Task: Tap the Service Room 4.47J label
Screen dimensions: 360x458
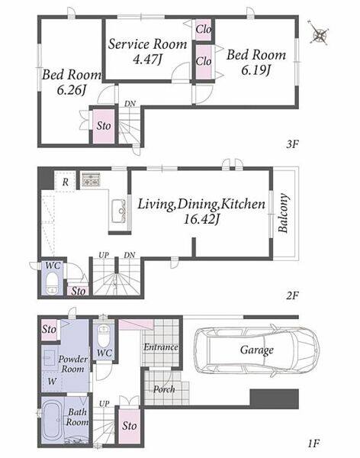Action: [147, 51]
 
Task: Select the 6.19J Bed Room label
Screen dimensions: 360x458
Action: [256, 62]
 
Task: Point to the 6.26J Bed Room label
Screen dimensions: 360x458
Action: [72, 82]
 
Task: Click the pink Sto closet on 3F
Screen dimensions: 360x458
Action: [104, 126]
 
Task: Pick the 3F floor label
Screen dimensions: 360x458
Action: [292, 144]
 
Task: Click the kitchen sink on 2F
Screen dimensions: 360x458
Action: [119, 211]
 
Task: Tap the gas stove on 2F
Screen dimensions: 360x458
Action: [91, 179]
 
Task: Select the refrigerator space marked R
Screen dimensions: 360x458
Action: [66, 182]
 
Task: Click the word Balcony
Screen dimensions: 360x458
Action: [284, 213]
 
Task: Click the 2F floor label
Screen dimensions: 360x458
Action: [292, 296]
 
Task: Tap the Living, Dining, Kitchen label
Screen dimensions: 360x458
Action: [201, 211]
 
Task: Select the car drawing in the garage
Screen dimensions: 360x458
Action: [257, 350]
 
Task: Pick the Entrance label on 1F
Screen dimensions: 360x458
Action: [161, 347]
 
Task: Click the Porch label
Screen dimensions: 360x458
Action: [164, 389]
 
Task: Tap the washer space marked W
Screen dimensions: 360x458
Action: [52, 381]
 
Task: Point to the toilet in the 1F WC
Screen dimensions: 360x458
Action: [104, 335]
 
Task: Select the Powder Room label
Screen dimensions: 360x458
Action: [72, 364]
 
